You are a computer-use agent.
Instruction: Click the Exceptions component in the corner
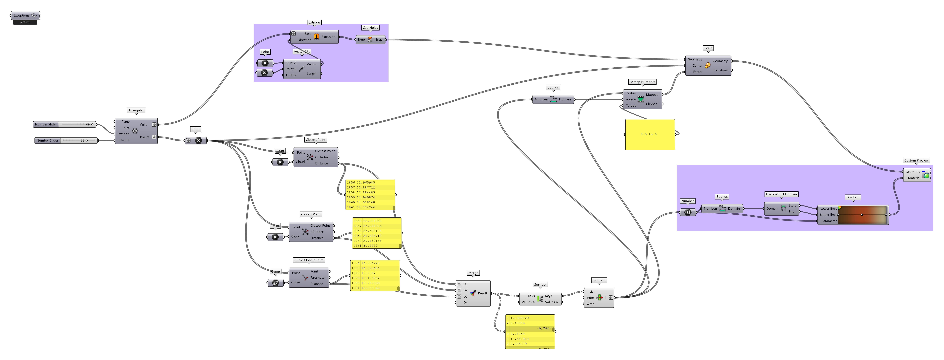25,15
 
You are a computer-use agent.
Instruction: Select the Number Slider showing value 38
66,140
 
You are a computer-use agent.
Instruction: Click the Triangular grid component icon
135,131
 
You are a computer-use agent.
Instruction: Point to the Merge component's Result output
482,293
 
